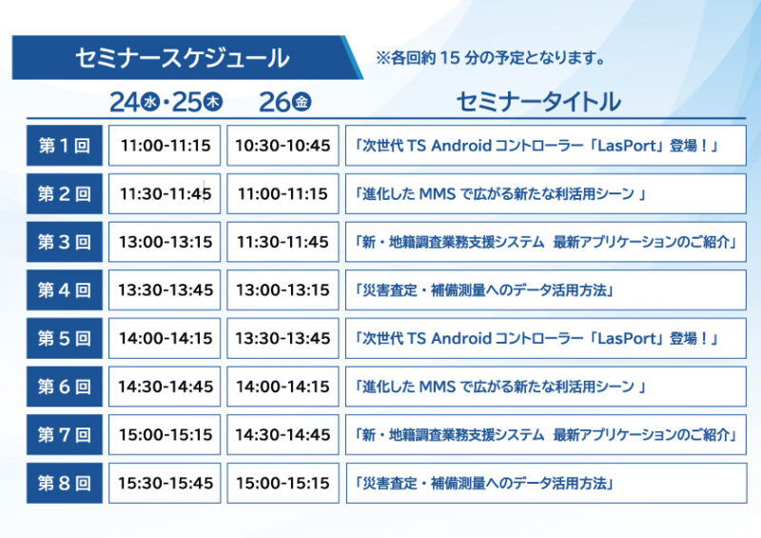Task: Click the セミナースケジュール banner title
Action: click(182, 58)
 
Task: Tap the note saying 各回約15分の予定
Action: click(490, 58)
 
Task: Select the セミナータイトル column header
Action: click(538, 102)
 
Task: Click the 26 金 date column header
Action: click(284, 102)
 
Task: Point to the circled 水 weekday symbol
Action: click(150, 102)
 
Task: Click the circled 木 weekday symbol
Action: click(212, 102)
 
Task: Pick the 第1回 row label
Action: click(65, 146)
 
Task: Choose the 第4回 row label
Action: click(65, 290)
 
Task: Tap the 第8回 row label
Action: click(65, 483)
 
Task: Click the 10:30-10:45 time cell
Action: click(283, 146)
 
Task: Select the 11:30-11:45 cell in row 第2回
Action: click(165, 193)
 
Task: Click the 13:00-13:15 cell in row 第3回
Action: click(165, 242)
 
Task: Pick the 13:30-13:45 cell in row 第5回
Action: click(283, 338)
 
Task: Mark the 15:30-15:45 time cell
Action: click(165, 483)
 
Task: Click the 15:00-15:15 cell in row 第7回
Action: click(165, 434)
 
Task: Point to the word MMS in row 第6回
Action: click(438, 387)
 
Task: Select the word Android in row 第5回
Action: click(461, 338)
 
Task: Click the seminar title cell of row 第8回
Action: click(546, 483)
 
